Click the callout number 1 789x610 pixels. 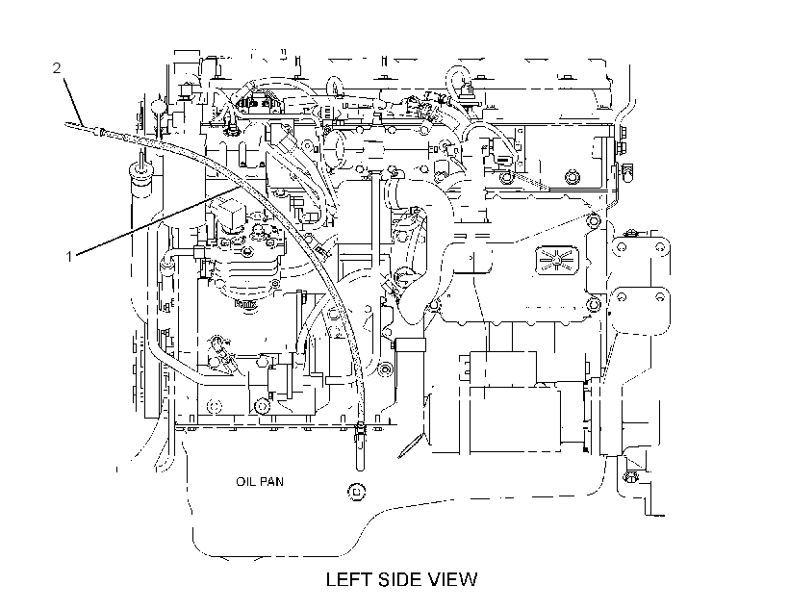coord(69,257)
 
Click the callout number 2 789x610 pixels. coord(57,67)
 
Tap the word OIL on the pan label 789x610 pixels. coord(244,482)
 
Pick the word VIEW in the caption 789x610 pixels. coord(452,579)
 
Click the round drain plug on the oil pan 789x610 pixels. coord(357,491)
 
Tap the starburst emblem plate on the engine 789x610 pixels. coord(556,260)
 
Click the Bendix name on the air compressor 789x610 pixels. coord(245,304)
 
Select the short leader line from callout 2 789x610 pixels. coord(72,97)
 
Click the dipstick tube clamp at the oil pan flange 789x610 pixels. coord(360,429)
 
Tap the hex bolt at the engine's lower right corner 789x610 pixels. coord(629,476)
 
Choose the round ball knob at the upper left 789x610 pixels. coord(158,107)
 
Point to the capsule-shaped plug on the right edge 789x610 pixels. coord(627,172)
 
